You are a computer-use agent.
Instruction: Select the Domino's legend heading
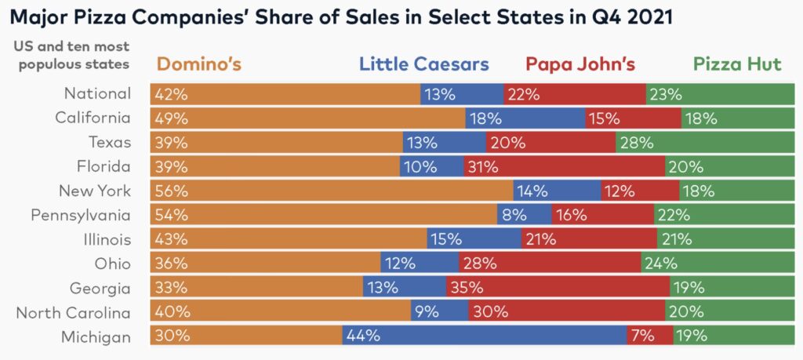pos(199,64)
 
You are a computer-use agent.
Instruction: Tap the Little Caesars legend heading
pos(423,64)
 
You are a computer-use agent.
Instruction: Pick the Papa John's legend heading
pos(580,64)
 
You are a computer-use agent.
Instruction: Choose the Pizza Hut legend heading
pos(737,64)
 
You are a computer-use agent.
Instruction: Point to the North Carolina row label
pos(74,312)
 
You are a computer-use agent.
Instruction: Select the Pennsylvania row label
pos(81,215)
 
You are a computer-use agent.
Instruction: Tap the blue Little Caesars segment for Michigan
pos(485,336)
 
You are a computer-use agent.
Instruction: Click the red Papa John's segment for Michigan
pos(650,336)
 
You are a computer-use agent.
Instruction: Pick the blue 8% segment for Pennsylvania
pos(524,215)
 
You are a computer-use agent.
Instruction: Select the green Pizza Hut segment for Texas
pos(699,142)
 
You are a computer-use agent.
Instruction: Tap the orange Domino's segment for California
pos(308,118)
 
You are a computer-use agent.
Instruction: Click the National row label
pos(98,93)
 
